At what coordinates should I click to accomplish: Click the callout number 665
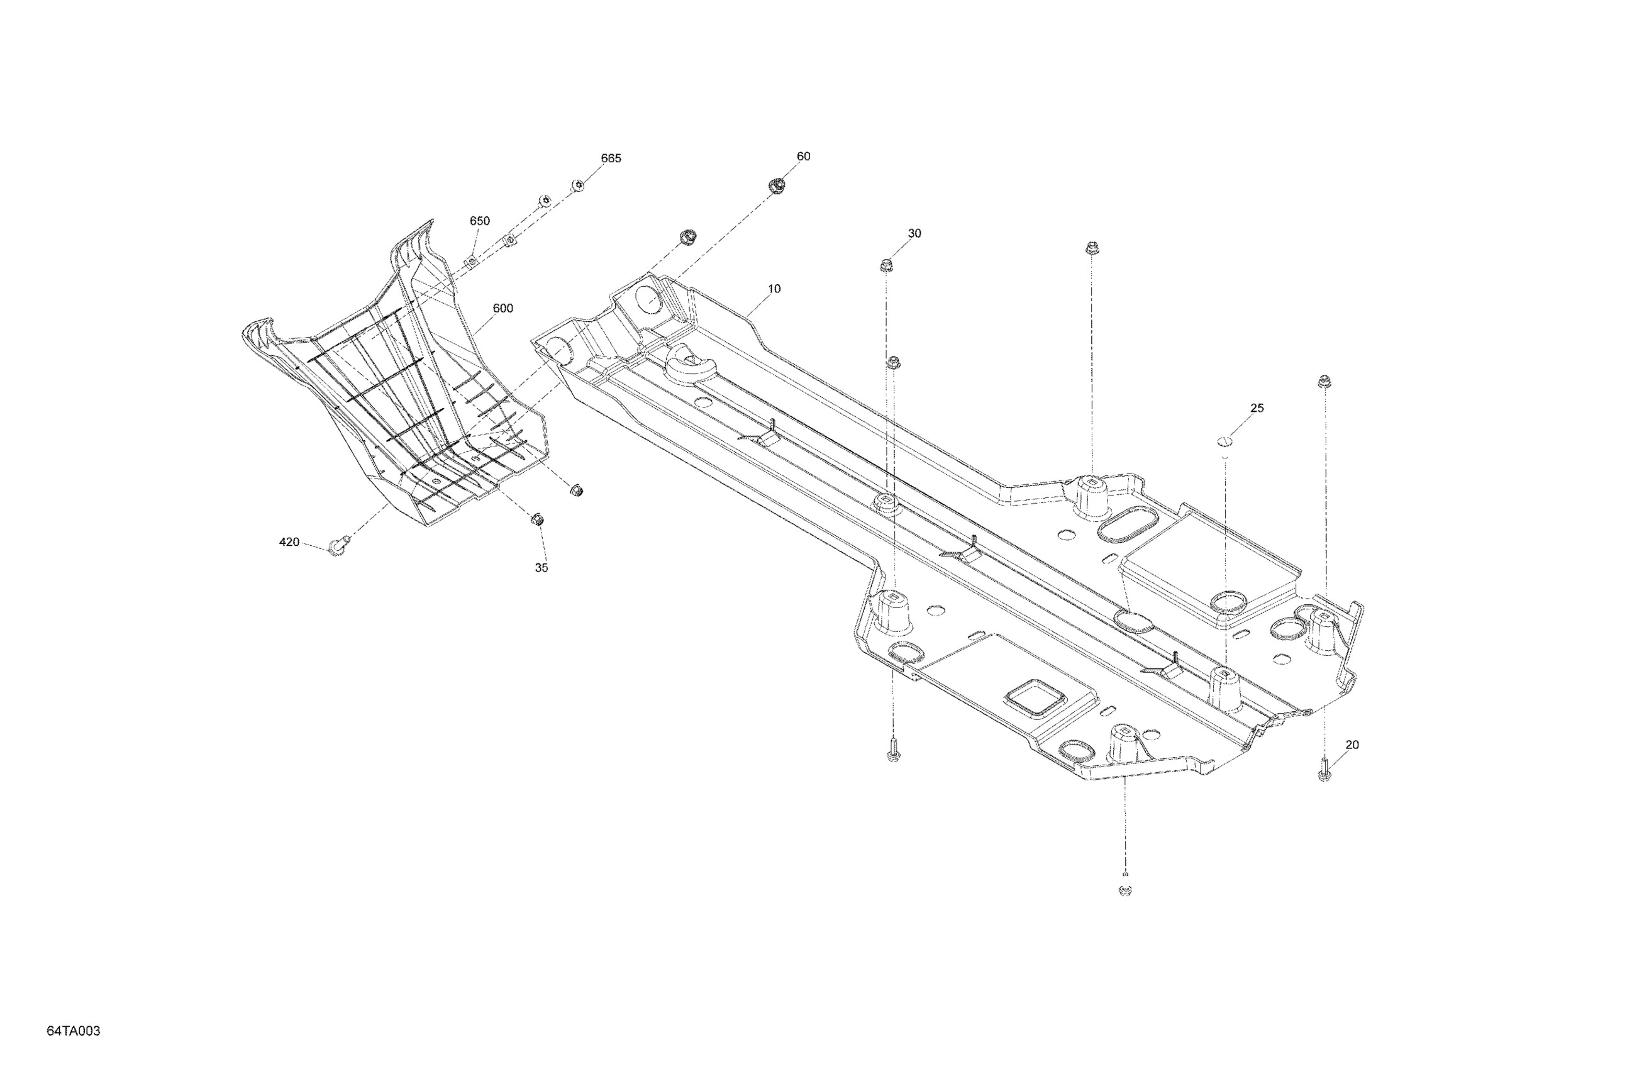pyautogui.click(x=611, y=158)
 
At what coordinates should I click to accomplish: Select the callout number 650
pyautogui.click(x=479, y=221)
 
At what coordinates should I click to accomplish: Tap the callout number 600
pyautogui.click(x=502, y=308)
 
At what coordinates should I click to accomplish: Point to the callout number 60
pyautogui.click(x=803, y=157)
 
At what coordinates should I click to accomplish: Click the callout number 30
pyautogui.click(x=914, y=233)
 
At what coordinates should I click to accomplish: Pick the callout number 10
pyautogui.click(x=774, y=289)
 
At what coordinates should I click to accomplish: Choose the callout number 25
pyautogui.click(x=1257, y=408)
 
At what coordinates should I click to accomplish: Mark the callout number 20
pyautogui.click(x=1352, y=745)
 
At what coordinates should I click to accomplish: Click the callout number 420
pyautogui.click(x=289, y=542)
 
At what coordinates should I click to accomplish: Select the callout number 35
pyautogui.click(x=541, y=567)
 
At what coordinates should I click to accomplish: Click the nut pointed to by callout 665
pyautogui.click(x=577, y=185)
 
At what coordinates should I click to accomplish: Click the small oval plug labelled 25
pyautogui.click(x=1225, y=440)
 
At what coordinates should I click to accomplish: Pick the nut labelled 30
pyautogui.click(x=886, y=265)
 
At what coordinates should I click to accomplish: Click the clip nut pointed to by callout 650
pyautogui.click(x=470, y=261)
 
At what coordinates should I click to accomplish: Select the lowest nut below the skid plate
pyautogui.click(x=1124, y=890)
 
